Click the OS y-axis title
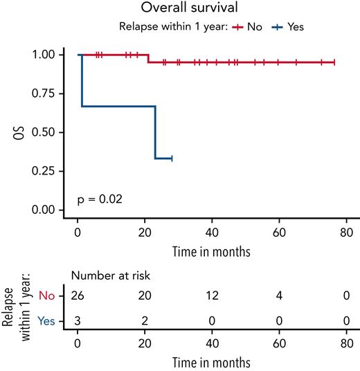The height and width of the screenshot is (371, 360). click(x=23, y=132)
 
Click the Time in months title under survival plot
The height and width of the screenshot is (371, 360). click(x=212, y=249)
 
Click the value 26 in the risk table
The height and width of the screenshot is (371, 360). click(x=78, y=296)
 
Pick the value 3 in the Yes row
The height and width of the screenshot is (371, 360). click(x=78, y=320)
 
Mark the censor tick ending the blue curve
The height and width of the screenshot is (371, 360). click(x=171, y=159)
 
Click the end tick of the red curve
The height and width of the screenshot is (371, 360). click(x=334, y=62)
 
